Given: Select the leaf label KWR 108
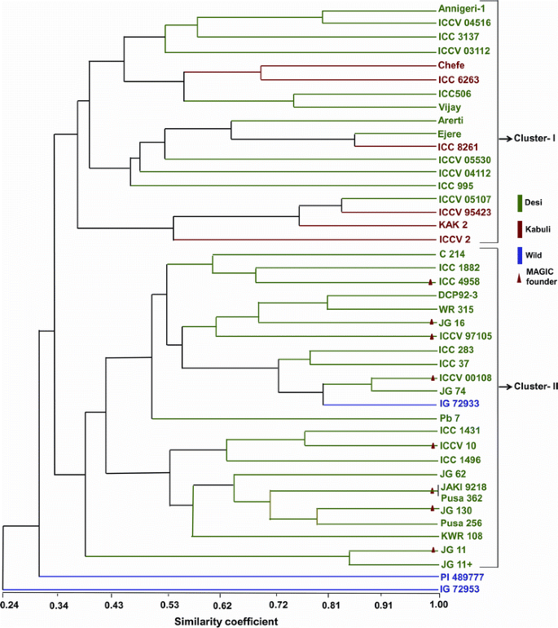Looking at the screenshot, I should pos(458,536).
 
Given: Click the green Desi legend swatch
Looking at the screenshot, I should pos(519,201).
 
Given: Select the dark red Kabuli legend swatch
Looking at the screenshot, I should pos(519,227).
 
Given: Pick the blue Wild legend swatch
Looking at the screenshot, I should pos(519,254).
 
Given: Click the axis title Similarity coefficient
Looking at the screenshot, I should pos(226,621).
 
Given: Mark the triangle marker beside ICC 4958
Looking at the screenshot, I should pos(432,281).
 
